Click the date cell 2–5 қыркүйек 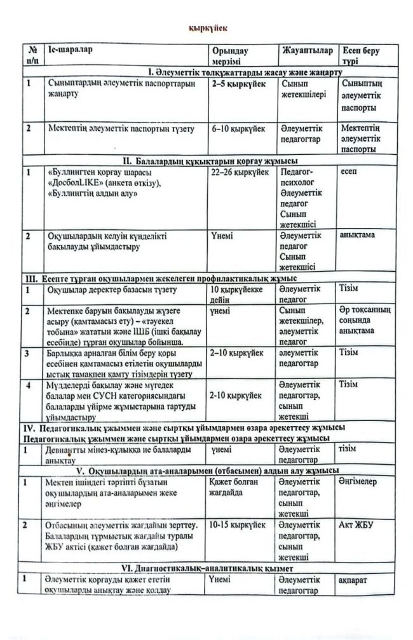pos(238,83)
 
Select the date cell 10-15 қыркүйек pos(239,526)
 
